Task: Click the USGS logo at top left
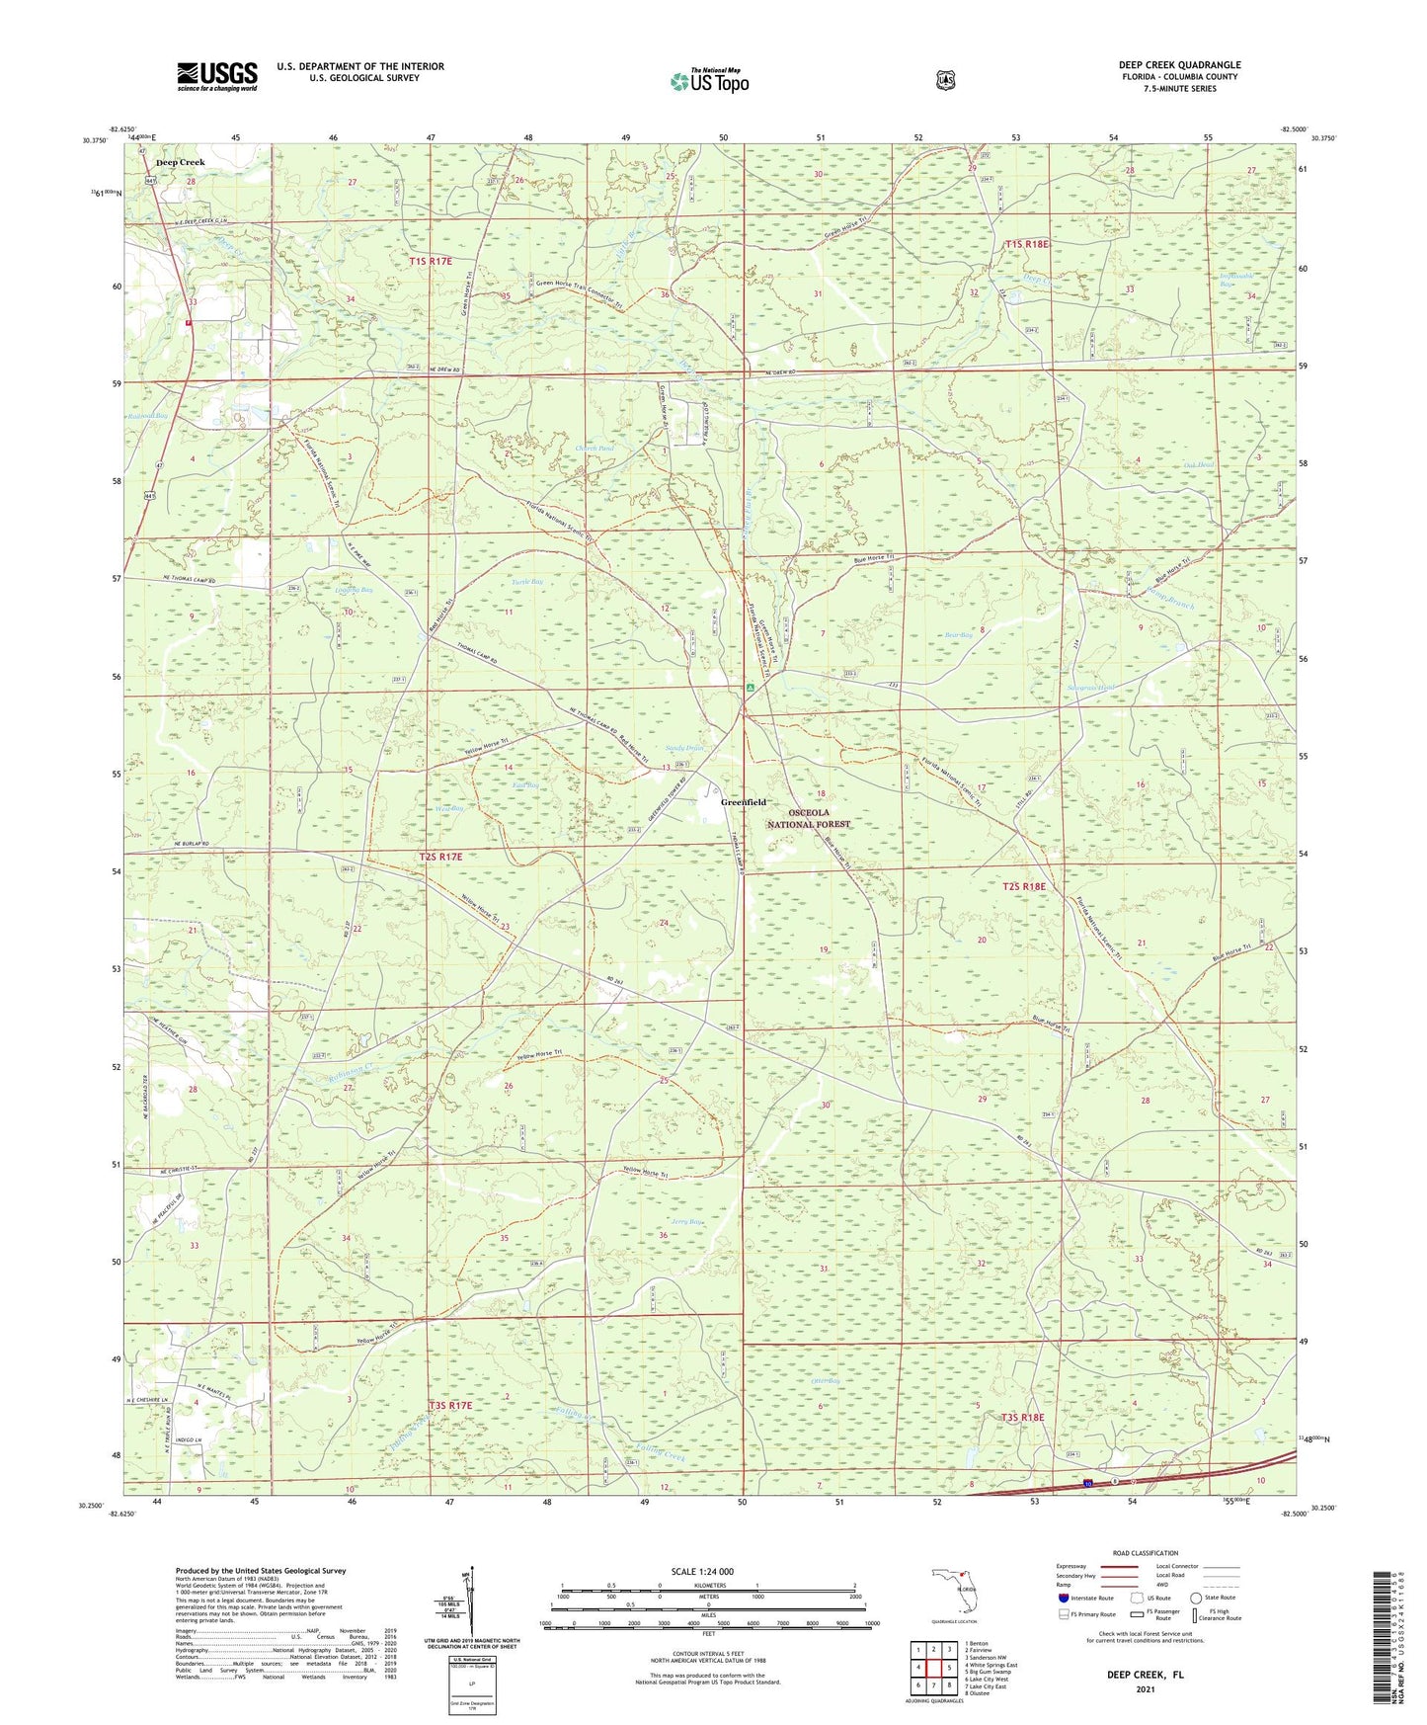click(x=216, y=76)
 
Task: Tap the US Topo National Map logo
click(x=709, y=80)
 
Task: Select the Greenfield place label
click(x=743, y=802)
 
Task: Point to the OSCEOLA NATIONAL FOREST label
click(x=808, y=818)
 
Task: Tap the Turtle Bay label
click(x=527, y=583)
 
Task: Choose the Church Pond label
click(x=595, y=449)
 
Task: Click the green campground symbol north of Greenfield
click(x=751, y=686)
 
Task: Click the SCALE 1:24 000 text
click(x=702, y=1571)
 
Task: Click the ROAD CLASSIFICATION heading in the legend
click(x=1145, y=1553)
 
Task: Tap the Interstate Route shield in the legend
click(x=1063, y=1598)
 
